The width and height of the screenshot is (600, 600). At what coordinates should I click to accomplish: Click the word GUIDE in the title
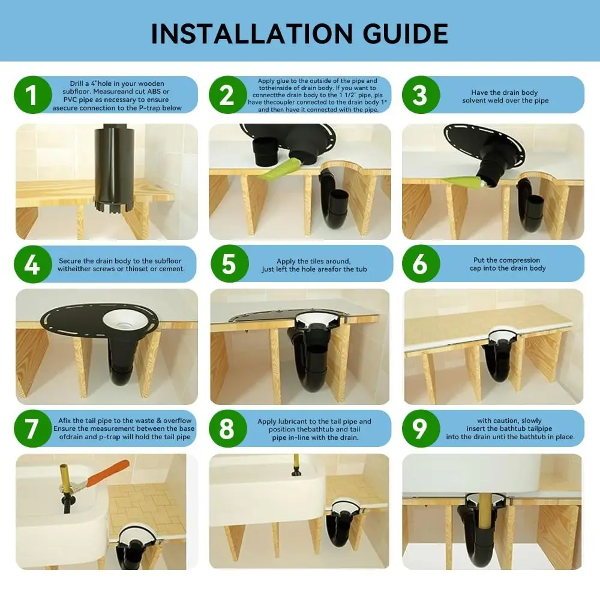[405, 34]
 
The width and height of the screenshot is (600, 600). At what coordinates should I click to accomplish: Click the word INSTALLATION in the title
[251, 34]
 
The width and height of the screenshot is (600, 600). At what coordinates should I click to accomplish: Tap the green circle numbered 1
[33, 95]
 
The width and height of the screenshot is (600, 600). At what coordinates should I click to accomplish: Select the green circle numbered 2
[227, 95]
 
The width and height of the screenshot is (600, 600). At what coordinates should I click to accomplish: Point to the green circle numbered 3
[421, 95]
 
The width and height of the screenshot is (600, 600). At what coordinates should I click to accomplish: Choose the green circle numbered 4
[33, 264]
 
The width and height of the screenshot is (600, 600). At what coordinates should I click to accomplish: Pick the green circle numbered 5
[230, 263]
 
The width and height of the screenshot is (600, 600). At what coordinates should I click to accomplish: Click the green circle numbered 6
[421, 263]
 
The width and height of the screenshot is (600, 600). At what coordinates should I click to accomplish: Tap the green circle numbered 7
[33, 428]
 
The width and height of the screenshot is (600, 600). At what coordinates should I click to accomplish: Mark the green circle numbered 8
[227, 428]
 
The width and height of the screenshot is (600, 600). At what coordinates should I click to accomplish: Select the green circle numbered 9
[421, 428]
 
